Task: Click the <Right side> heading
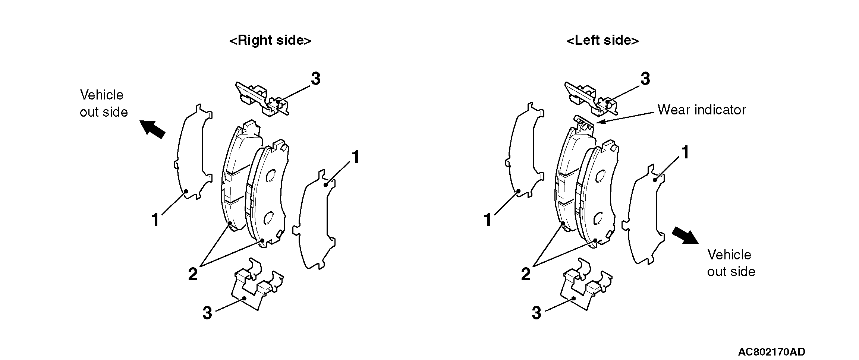coord(270,40)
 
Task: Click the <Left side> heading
coord(602,40)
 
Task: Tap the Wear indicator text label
coord(701,110)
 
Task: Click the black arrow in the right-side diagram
coord(152,128)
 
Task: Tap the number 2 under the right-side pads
coord(193,275)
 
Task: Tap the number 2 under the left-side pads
coord(526,275)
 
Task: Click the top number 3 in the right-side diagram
coord(315,79)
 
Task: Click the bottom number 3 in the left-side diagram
coord(536,313)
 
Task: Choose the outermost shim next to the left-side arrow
coord(643,216)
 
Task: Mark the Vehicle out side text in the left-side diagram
coord(731,263)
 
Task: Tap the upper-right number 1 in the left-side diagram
coord(685,153)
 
